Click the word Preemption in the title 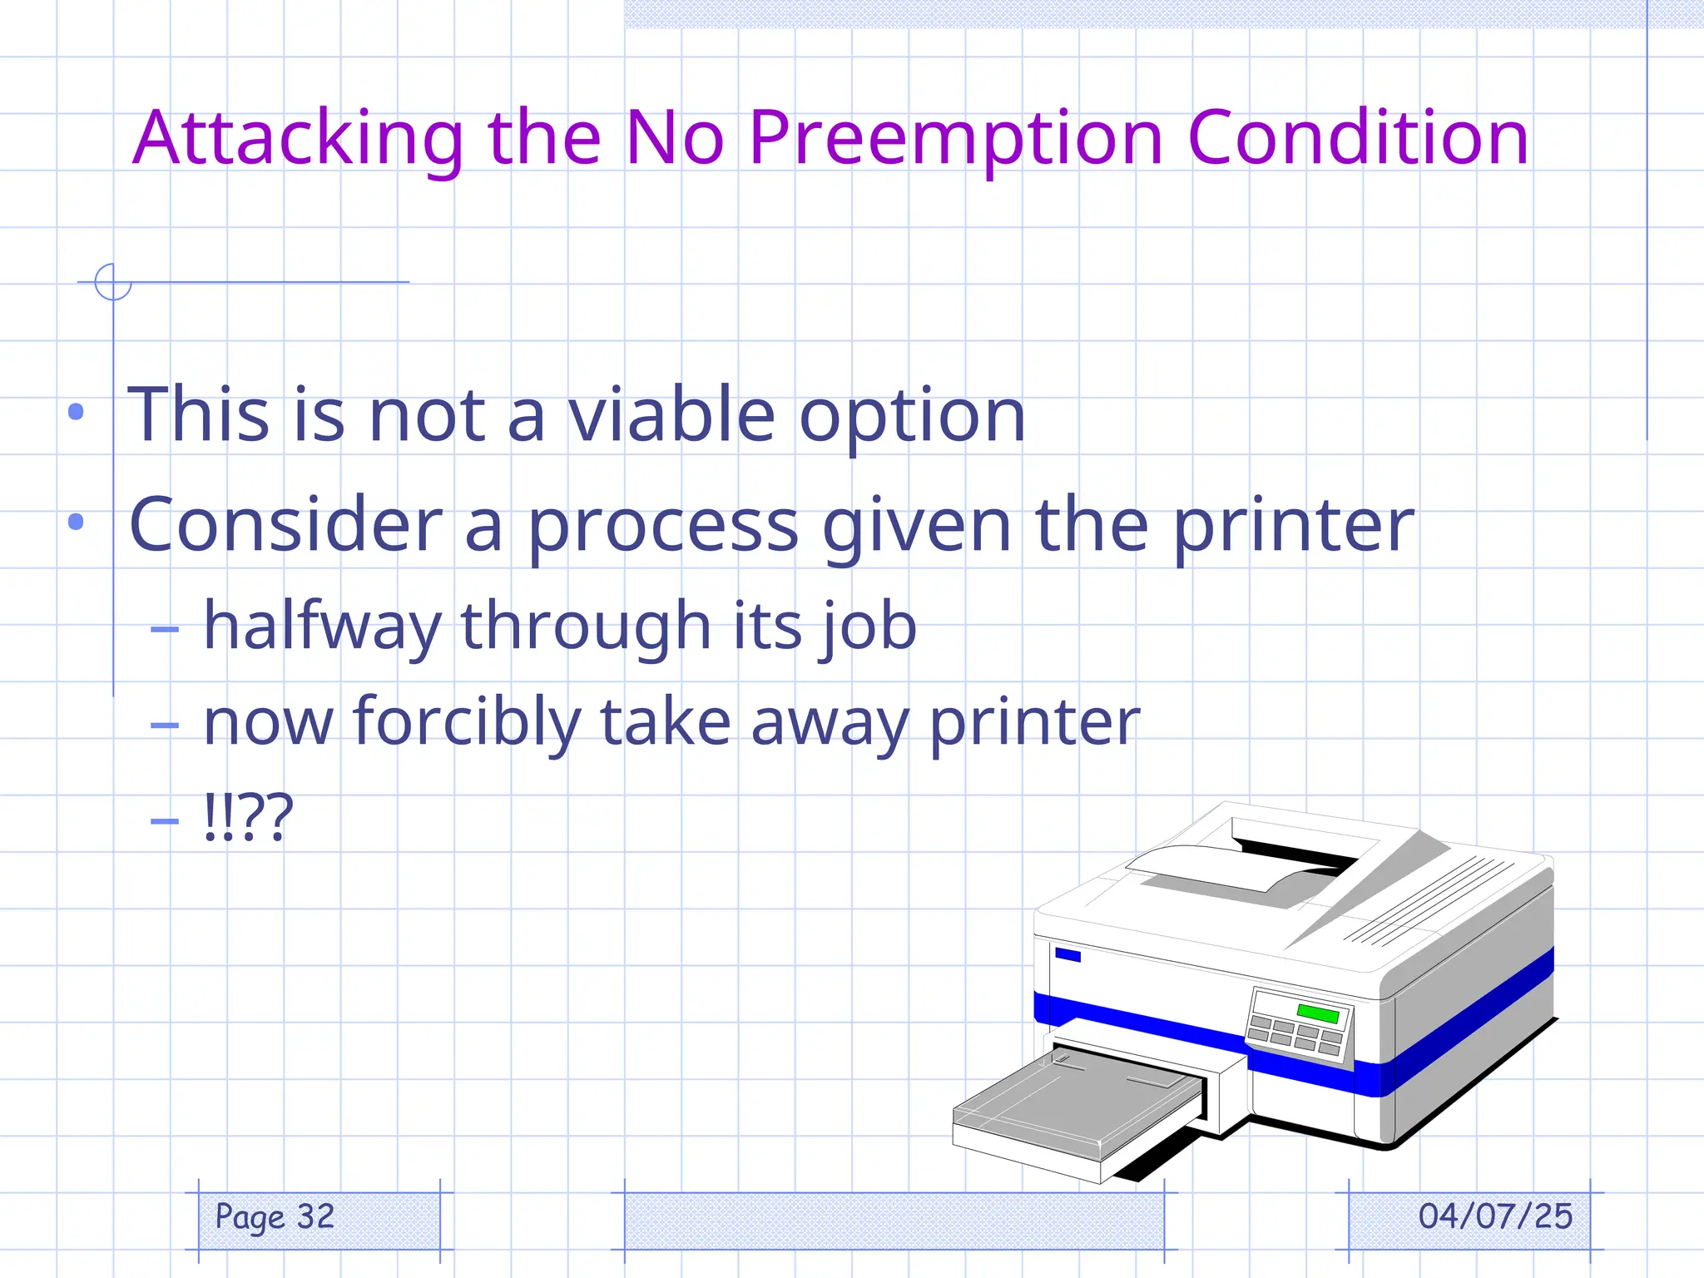point(955,138)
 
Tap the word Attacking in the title point(298,138)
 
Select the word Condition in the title point(1358,138)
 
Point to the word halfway point(323,626)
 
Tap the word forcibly point(466,722)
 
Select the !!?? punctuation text point(248,817)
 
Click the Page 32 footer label point(275,1216)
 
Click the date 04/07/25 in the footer point(1495,1216)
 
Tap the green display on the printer point(1317,1013)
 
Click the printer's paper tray point(1077,1107)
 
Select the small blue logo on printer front point(1067,954)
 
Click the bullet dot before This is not point(77,411)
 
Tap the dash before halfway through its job point(165,629)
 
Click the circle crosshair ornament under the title point(113,281)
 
